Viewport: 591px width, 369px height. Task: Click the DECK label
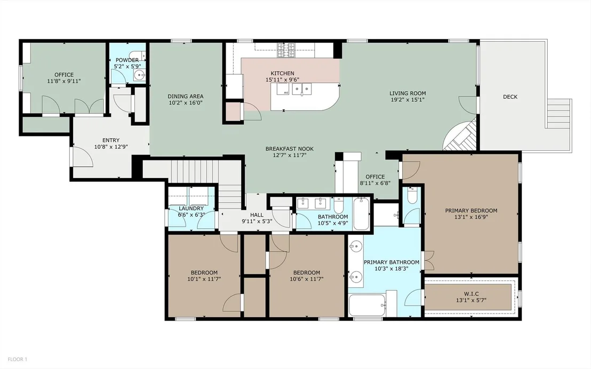(x=510, y=97)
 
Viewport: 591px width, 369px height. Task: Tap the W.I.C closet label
(x=471, y=294)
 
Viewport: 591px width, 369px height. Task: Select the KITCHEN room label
(x=282, y=73)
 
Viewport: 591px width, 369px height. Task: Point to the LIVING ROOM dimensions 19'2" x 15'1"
(x=408, y=100)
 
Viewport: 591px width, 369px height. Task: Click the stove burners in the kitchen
(x=286, y=50)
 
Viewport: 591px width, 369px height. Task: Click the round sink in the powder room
(x=139, y=75)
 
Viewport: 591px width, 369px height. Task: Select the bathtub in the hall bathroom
(x=362, y=213)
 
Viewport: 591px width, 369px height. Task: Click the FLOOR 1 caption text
(x=18, y=359)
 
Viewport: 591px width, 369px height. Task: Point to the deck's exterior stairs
(x=560, y=113)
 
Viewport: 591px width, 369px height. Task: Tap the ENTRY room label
(x=111, y=141)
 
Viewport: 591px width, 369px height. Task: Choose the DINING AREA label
(x=186, y=97)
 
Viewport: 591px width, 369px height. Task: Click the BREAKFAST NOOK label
(x=290, y=149)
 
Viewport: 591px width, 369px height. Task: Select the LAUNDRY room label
(x=191, y=208)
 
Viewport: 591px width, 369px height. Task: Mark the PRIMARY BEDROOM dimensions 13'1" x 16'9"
(x=471, y=217)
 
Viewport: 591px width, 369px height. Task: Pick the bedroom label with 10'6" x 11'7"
(x=306, y=272)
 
